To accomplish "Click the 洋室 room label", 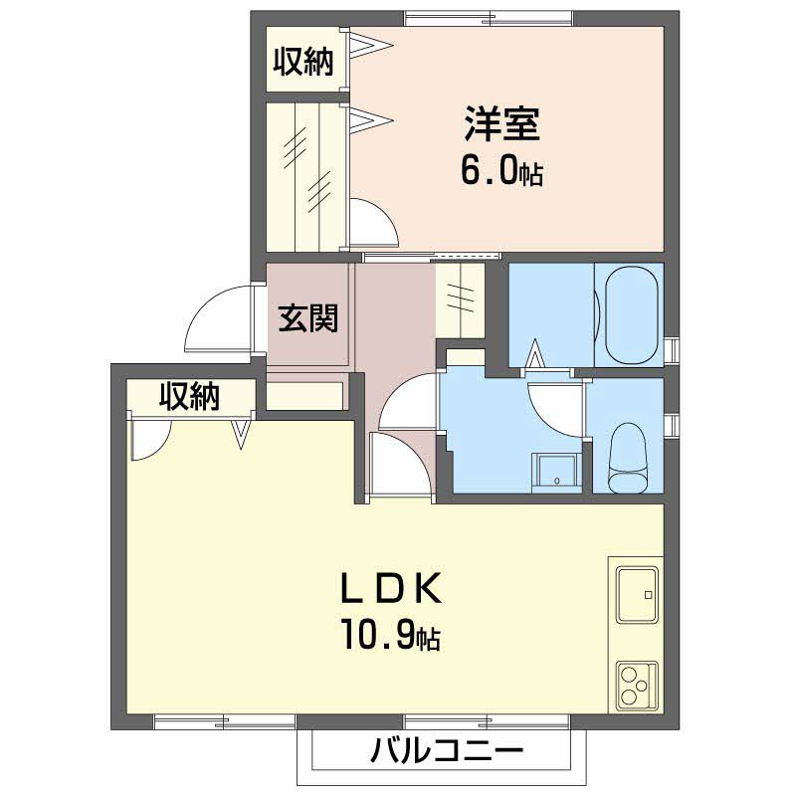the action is point(501,123).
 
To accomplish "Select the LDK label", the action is point(390,588).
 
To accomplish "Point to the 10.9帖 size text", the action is point(390,634).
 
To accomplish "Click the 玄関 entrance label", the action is point(308,317).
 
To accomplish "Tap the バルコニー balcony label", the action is point(446,750).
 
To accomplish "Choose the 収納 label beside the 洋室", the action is point(303,62).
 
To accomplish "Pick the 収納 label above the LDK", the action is point(190,396).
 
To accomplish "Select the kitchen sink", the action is point(637,594).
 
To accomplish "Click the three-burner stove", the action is point(637,685).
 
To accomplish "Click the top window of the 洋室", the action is point(489,18).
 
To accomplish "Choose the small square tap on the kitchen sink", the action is point(648,594).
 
